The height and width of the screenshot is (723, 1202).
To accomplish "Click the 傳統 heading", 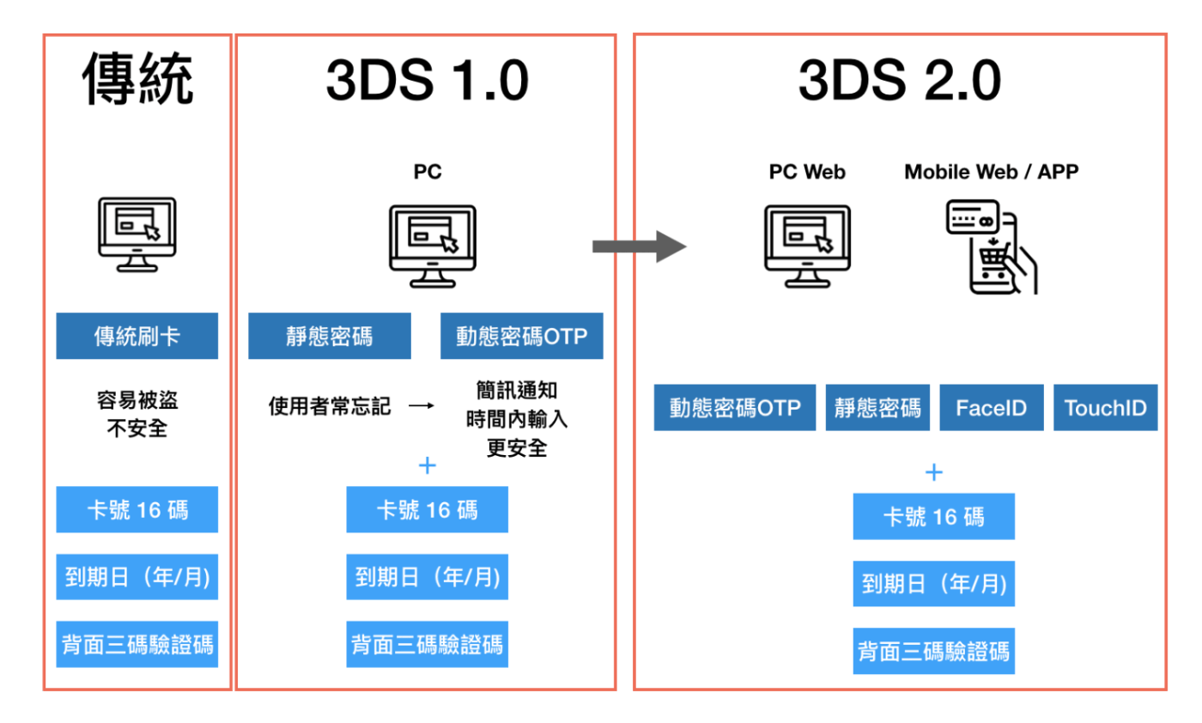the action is pos(137,80).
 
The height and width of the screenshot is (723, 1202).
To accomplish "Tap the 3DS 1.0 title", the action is pos(428,81).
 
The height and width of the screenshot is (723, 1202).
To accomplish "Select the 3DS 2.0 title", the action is pos(900,81).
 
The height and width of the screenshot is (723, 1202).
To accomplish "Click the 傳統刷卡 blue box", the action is pos(137,336).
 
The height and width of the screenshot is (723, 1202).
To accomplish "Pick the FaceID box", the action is pos(992,407).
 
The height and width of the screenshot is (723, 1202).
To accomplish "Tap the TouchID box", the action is pos(1106,407).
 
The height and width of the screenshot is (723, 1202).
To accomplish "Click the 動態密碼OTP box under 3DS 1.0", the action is pos(522,336).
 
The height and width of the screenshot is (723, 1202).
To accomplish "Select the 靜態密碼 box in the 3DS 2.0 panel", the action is pos(877,407).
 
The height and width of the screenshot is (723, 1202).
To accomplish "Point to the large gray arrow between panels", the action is pos(639,246).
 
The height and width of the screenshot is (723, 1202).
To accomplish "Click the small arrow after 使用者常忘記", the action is pos(422,406).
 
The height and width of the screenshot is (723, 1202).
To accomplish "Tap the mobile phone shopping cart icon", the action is pos(992,247).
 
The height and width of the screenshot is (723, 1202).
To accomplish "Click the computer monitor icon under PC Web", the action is pos(807,246).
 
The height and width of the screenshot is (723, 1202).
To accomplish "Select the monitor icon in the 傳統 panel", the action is pos(137,234).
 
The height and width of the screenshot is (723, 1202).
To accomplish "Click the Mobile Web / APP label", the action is pos(991,172).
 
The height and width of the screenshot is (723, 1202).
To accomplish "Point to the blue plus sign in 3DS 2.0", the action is pos(934,472).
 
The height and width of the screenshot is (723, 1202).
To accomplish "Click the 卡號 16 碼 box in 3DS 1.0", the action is pos(428,509).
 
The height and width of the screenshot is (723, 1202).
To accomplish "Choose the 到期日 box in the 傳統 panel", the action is pos(137,577).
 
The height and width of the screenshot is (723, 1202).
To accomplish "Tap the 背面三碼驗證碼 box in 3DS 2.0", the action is pos(934,651).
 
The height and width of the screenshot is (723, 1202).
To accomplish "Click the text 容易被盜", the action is pos(137,400).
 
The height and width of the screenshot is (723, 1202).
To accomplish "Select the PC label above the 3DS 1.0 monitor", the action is pos(428,172).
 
